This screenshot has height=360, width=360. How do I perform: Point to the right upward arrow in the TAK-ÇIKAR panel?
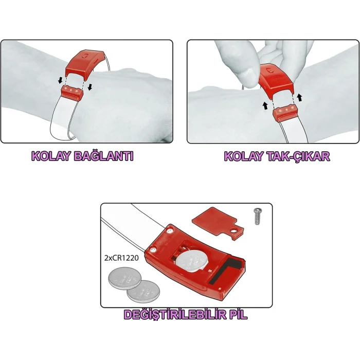click(298, 97)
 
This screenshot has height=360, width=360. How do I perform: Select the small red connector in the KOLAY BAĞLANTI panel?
click(72, 91)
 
